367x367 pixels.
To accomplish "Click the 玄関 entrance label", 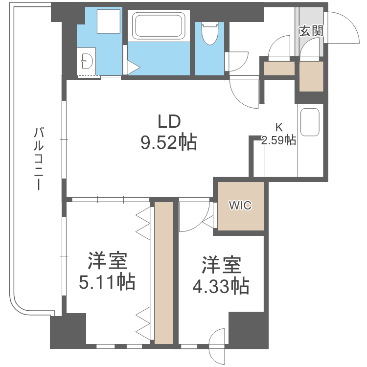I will point(310,32).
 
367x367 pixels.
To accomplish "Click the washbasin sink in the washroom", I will point(87,62).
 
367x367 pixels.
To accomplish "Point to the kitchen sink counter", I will point(310,122).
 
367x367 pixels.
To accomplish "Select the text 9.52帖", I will point(169,142).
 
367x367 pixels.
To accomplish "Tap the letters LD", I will point(169,120).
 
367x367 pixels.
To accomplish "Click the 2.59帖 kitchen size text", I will point(278,141).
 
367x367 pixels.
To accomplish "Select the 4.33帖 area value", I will point(220,286).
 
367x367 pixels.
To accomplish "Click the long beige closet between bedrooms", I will point(164,272).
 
